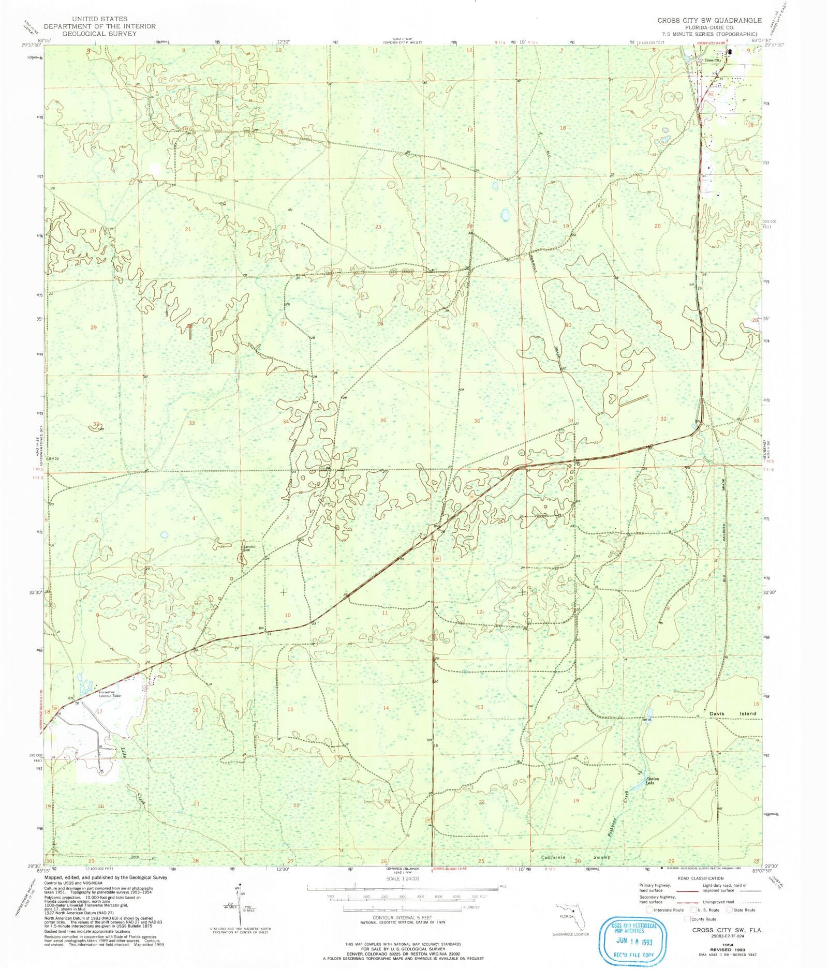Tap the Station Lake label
[x=652, y=781]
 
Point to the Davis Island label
[x=735, y=713]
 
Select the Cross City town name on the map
[x=713, y=61]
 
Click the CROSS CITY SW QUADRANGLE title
[x=709, y=20]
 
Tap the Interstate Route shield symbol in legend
[x=650, y=910]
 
